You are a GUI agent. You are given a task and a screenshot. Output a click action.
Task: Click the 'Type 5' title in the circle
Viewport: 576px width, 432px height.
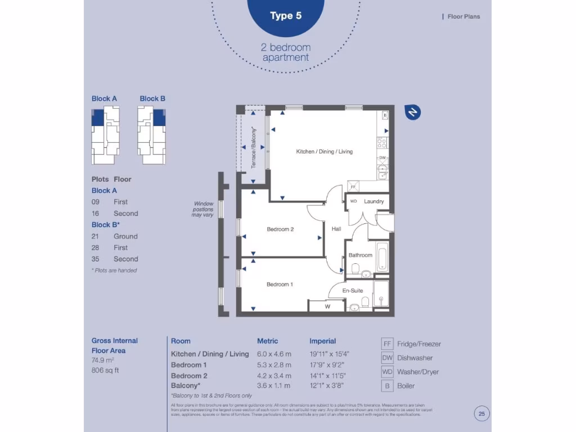coord(285,16)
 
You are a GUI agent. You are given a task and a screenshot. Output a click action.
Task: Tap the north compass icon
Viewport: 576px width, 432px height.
coord(413,112)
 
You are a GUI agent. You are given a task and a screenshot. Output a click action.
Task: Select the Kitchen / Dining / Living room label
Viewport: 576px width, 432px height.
coord(324,151)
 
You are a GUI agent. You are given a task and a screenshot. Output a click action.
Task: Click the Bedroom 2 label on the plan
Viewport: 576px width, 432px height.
coord(280,229)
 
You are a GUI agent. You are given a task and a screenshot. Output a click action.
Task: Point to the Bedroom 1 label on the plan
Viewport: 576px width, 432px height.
coord(280,285)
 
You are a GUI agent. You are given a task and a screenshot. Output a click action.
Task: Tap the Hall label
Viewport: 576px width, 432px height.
coord(336,229)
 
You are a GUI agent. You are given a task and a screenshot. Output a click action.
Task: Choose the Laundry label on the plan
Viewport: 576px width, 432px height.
coord(373,201)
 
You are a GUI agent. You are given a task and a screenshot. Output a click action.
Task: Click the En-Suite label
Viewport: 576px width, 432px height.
coord(353,291)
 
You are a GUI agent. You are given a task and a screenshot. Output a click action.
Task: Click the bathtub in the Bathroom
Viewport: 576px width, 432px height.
coord(382,256)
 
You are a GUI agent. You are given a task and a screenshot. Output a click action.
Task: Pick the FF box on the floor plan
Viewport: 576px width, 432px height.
coord(353,186)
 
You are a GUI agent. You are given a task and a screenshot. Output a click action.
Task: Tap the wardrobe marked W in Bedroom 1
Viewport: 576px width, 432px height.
coord(327,307)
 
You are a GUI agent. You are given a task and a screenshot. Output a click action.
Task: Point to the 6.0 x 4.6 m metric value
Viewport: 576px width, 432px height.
coord(274,354)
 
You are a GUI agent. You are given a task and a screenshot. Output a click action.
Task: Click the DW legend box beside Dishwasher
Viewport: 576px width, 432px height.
coord(387,358)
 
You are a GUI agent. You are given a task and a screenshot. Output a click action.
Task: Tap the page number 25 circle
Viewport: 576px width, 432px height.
coord(481,414)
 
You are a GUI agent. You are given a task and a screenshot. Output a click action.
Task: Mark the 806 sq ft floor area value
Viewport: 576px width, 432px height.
coord(105,370)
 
